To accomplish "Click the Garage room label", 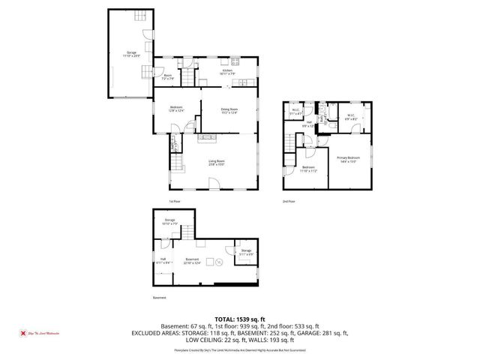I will [131, 53].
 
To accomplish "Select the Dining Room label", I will [229, 111].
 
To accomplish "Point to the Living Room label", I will [216, 163].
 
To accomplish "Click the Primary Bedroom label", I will [348, 158].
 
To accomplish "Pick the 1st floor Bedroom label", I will [176, 109].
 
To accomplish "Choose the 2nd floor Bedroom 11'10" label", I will [309, 169].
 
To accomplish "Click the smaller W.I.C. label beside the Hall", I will [295, 112].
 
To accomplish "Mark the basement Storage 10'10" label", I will [170, 221].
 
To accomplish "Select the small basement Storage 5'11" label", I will [246, 251].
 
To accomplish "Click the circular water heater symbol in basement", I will [219, 262].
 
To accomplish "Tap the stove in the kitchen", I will [235, 61].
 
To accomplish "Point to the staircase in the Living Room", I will [177, 163].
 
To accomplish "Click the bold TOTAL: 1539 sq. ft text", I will [239, 319].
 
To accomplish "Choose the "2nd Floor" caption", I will [289, 202].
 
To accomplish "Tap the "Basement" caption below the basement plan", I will [159, 298].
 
